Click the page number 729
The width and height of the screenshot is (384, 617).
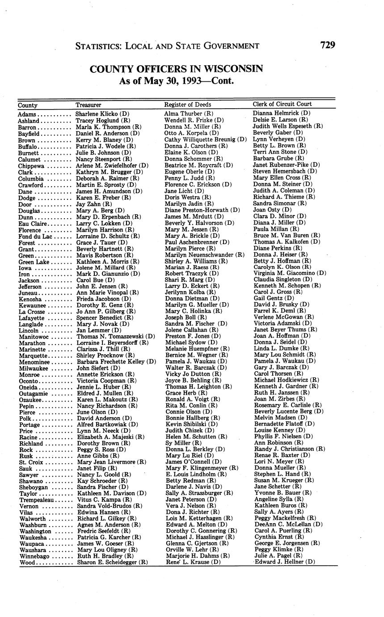tap(327, 45)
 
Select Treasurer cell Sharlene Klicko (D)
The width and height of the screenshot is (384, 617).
tap(102, 114)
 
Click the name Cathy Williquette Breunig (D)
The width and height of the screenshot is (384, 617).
tap(206, 139)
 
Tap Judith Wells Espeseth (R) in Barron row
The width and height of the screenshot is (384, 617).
tap(288, 127)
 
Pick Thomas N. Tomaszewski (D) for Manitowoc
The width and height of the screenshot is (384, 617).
tap(115, 336)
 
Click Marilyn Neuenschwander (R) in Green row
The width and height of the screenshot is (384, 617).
tap(204, 255)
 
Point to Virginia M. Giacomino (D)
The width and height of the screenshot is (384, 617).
tap(290, 273)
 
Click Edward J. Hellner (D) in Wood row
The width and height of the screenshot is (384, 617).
tap(285, 562)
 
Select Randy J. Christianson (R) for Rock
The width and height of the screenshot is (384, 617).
tap(289, 449)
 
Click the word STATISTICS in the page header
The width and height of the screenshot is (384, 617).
tap(97, 46)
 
